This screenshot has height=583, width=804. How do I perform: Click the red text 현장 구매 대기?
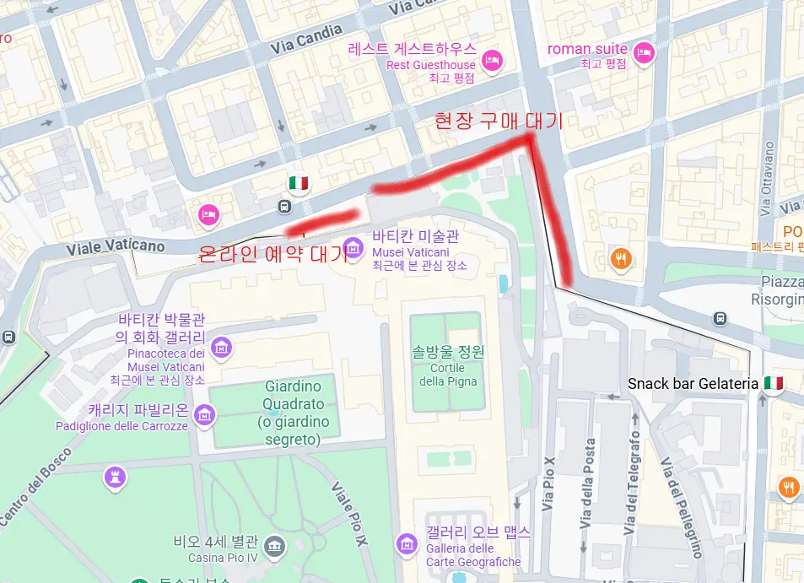[498, 121]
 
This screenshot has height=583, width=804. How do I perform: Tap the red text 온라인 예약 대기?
[272, 253]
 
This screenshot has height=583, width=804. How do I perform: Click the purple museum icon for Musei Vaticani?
[353, 246]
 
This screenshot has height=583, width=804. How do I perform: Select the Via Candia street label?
[307, 39]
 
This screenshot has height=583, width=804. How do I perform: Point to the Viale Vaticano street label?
[116, 246]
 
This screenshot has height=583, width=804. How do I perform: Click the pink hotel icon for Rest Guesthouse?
[493, 60]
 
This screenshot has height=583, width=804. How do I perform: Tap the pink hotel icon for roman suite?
[645, 51]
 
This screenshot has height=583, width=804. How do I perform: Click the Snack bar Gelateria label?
[693, 384]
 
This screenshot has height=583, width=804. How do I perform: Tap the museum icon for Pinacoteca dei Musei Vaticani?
[222, 347]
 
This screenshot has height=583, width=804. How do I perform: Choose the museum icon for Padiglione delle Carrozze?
[204, 414]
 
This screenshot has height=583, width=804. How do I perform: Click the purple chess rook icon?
[114, 478]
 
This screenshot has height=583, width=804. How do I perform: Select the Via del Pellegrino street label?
[682, 507]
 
